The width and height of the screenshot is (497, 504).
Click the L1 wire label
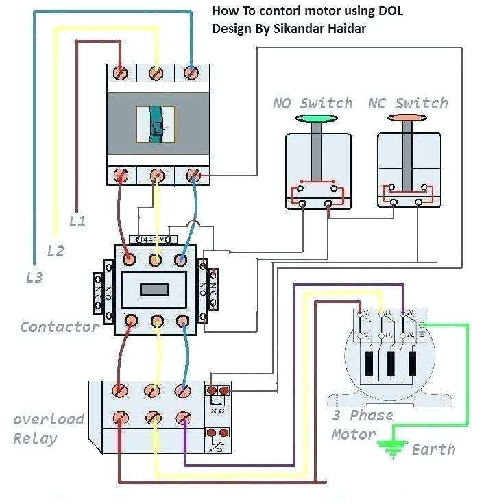(77, 221)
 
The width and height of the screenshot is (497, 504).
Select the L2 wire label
(56, 250)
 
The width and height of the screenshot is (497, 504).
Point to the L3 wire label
(34, 278)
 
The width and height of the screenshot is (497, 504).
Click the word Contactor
(60, 326)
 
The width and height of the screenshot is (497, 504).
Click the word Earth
(433, 450)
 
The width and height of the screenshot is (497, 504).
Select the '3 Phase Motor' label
(362, 424)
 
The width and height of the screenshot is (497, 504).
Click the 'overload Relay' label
(48, 429)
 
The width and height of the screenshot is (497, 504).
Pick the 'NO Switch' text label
(313, 104)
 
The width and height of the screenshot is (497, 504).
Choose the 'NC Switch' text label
(408, 104)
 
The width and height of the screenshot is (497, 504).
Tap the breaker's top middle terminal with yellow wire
(157, 73)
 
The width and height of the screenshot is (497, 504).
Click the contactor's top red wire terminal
(128, 259)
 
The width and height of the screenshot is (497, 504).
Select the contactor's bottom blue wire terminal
(182, 320)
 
